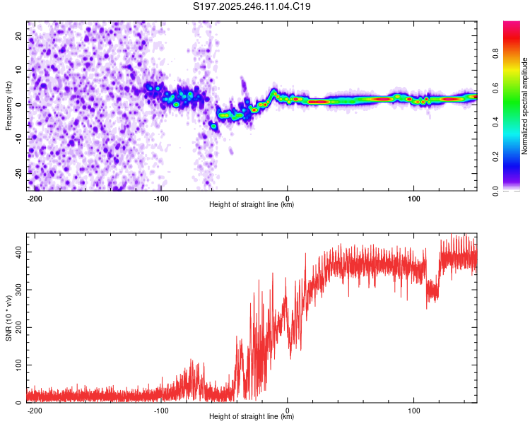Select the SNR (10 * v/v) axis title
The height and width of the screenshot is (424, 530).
[x=9, y=317]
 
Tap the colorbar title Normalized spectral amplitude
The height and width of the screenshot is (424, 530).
[x=525, y=106]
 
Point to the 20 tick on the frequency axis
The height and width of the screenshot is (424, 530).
[x=19, y=35]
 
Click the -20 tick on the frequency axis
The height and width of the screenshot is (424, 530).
[x=18, y=172]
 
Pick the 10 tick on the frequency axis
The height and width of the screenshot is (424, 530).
[x=19, y=70]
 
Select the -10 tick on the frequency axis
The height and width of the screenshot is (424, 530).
[x=18, y=139]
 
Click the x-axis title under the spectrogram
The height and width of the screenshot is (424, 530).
[x=252, y=205]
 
